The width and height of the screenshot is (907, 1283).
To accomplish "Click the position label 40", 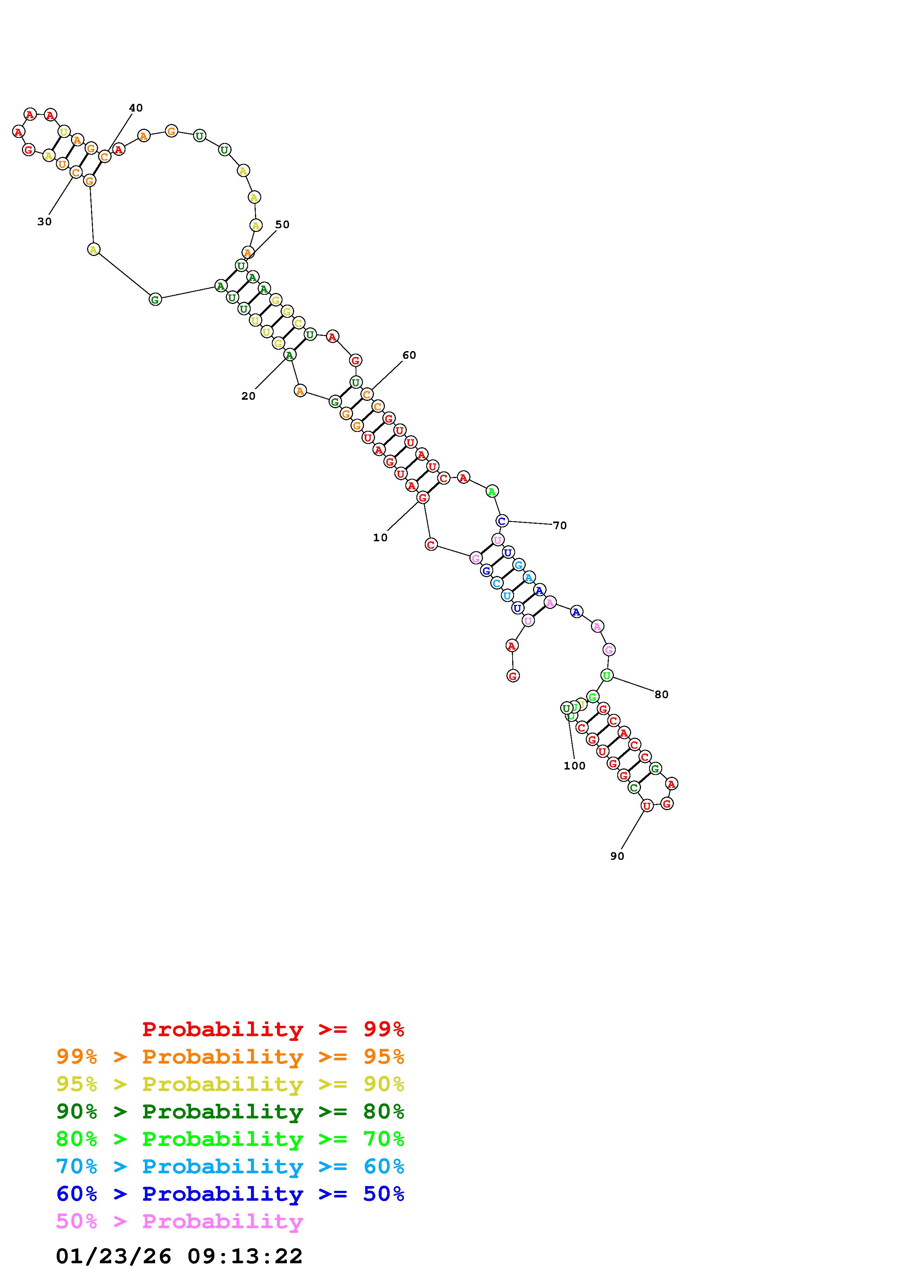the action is [x=136, y=108].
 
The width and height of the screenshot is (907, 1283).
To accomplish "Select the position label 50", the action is [x=282, y=225].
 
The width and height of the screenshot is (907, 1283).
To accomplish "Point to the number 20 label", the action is [x=248, y=396].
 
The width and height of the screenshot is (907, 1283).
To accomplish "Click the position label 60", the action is [x=409, y=355].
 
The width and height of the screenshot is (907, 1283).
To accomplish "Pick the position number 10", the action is [x=380, y=538].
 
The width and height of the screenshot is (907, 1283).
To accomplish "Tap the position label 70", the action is [x=559, y=525].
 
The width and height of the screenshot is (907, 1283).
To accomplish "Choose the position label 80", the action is [x=661, y=695].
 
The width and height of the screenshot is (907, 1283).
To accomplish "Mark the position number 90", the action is [x=617, y=856].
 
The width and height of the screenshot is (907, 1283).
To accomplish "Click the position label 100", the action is [x=574, y=766].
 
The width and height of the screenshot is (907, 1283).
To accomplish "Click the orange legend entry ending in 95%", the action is [x=230, y=1057].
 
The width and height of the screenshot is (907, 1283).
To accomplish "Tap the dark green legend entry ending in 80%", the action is [x=230, y=1111].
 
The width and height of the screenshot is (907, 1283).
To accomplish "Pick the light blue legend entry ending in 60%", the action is [x=230, y=1166].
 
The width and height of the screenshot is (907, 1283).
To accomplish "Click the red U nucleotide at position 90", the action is [x=646, y=806].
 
